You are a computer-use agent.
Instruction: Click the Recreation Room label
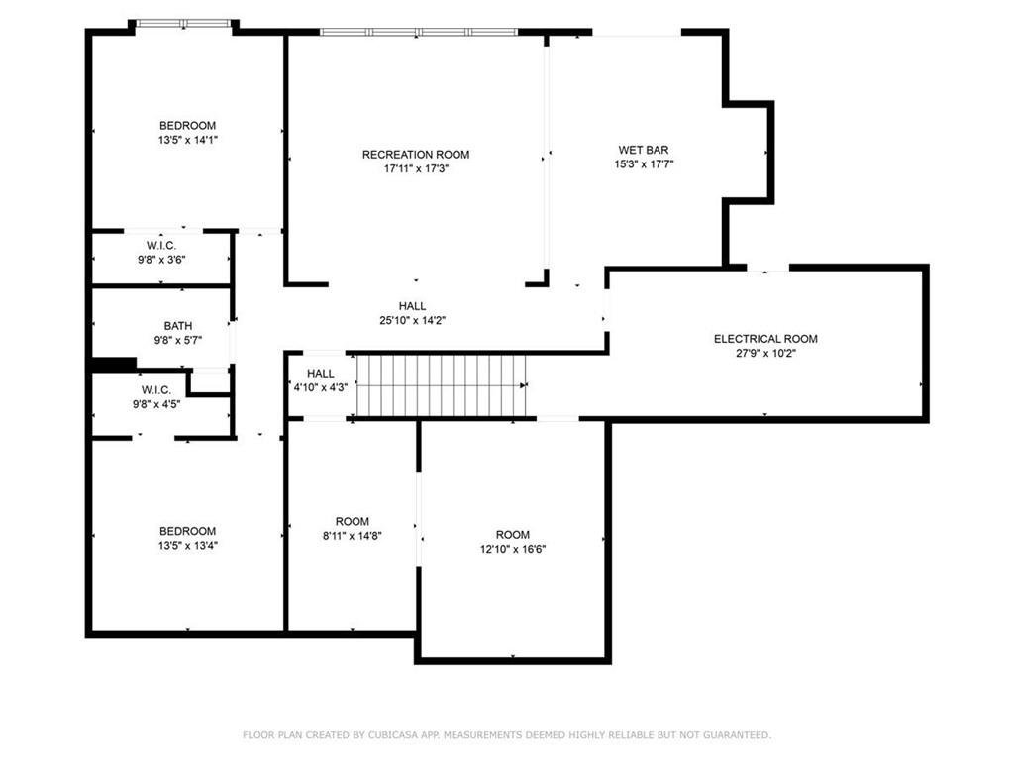click(415, 155)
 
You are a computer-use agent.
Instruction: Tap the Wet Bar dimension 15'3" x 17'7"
click(643, 164)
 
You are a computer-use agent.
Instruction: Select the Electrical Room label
click(765, 339)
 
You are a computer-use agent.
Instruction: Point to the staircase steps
click(441, 386)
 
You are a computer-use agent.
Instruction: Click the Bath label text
click(178, 326)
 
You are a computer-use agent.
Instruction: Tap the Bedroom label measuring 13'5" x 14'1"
click(187, 126)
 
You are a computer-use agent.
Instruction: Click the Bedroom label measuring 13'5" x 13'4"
click(187, 532)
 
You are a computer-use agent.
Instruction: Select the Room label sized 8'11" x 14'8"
click(352, 522)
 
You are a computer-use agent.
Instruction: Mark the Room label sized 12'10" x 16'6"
click(513, 535)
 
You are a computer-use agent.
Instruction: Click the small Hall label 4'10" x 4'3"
click(320, 374)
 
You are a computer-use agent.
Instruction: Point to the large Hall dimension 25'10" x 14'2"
click(413, 320)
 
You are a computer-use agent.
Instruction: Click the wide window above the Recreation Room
click(418, 32)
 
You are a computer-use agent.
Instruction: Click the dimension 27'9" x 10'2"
click(765, 353)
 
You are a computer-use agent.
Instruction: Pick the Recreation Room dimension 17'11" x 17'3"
click(415, 169)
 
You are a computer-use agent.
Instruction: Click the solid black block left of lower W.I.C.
click(113, 365)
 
